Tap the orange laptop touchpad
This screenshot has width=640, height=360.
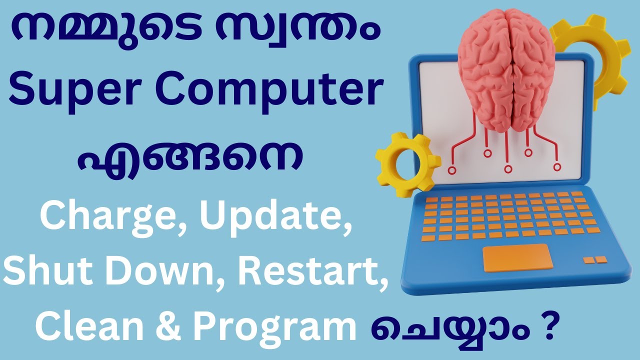pyautogui.click(x=517, y=258)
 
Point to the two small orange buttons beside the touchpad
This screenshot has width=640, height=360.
pyautogui.click(x=595, y=259)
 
